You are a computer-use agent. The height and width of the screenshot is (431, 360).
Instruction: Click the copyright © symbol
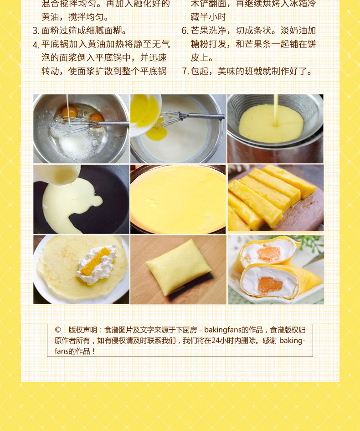[x=58, y=330]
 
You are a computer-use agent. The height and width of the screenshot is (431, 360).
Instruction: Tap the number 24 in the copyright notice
[x=216, y=341]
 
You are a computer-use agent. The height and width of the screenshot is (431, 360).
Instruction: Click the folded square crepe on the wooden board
[x=178, y=267]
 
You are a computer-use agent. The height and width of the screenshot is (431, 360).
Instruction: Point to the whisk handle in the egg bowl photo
[x=113, y=124]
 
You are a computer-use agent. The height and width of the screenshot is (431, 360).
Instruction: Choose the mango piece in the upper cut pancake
[x=268, y=254]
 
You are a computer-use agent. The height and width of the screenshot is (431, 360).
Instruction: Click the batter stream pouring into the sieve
[x=275, y=110]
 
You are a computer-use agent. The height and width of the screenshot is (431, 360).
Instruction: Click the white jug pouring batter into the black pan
[x=58, y=174]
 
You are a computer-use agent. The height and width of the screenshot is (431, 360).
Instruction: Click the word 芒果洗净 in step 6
[x=209, y=31]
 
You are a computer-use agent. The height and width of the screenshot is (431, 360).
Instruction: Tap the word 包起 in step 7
[x=200, y=72]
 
